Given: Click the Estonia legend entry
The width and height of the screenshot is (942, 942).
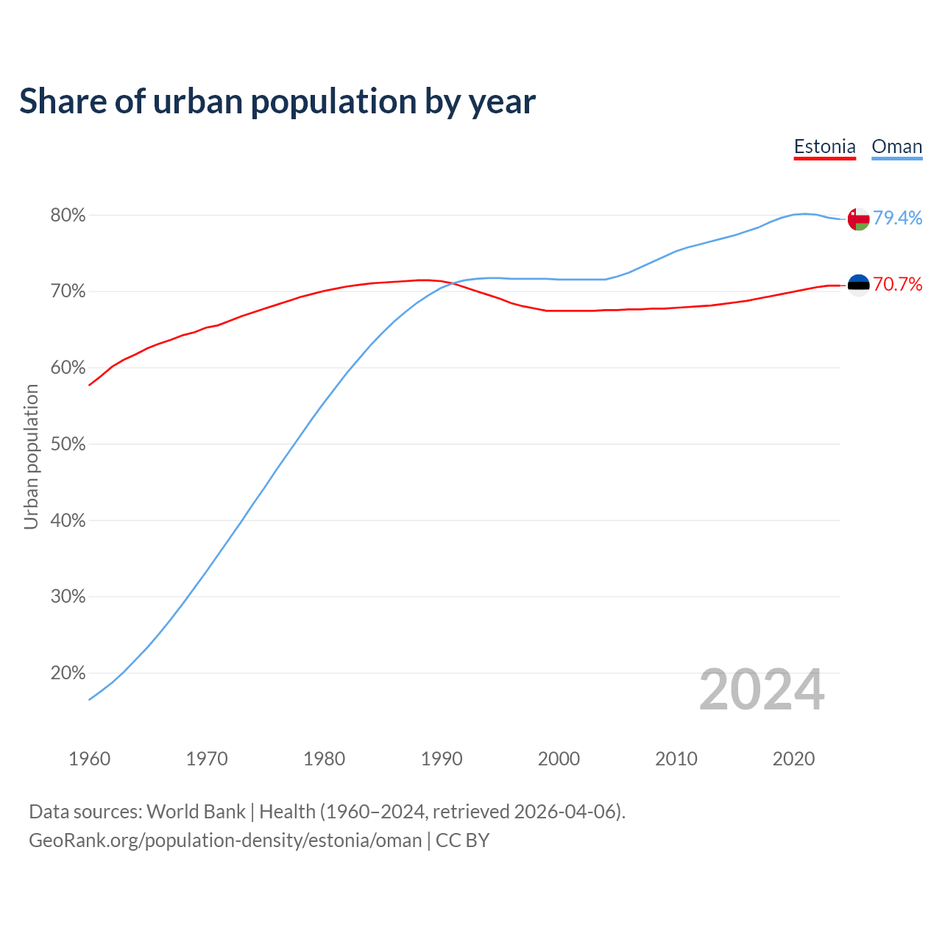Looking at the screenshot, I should point(824,146).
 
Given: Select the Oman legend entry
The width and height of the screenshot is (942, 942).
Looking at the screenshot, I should point(896,146).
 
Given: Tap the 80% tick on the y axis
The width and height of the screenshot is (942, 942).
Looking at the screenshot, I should point(68,216).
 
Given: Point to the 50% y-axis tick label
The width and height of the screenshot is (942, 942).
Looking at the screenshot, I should point(68,445).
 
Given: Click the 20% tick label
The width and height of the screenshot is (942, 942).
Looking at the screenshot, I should point(68,673).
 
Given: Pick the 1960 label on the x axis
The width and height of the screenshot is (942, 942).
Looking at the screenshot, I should point(89,759).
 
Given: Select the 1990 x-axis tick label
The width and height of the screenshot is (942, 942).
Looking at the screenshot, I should point(442,759).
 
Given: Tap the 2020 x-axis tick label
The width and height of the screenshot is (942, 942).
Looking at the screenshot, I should point(793,759).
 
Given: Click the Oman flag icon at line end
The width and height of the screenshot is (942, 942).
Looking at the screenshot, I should point(858,219).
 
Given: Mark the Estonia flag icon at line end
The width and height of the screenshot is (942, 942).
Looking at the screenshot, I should point(858,286).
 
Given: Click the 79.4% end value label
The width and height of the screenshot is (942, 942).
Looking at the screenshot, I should point(897,218).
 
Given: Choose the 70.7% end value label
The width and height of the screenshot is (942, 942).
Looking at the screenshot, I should point(897,285).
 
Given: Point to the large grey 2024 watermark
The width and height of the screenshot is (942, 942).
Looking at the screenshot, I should point(761,690).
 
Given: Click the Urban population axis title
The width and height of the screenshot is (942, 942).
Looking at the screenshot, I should point(31,456).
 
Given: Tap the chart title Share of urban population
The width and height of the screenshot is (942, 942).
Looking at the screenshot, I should point(277,102).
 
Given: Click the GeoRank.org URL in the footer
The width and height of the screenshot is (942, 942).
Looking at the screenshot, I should point(225,840).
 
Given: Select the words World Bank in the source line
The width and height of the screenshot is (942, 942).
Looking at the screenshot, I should point(196,812).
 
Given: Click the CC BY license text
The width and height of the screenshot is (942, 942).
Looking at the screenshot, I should point(462,840).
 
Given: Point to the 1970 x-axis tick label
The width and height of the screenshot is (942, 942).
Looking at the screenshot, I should point(207,759).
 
